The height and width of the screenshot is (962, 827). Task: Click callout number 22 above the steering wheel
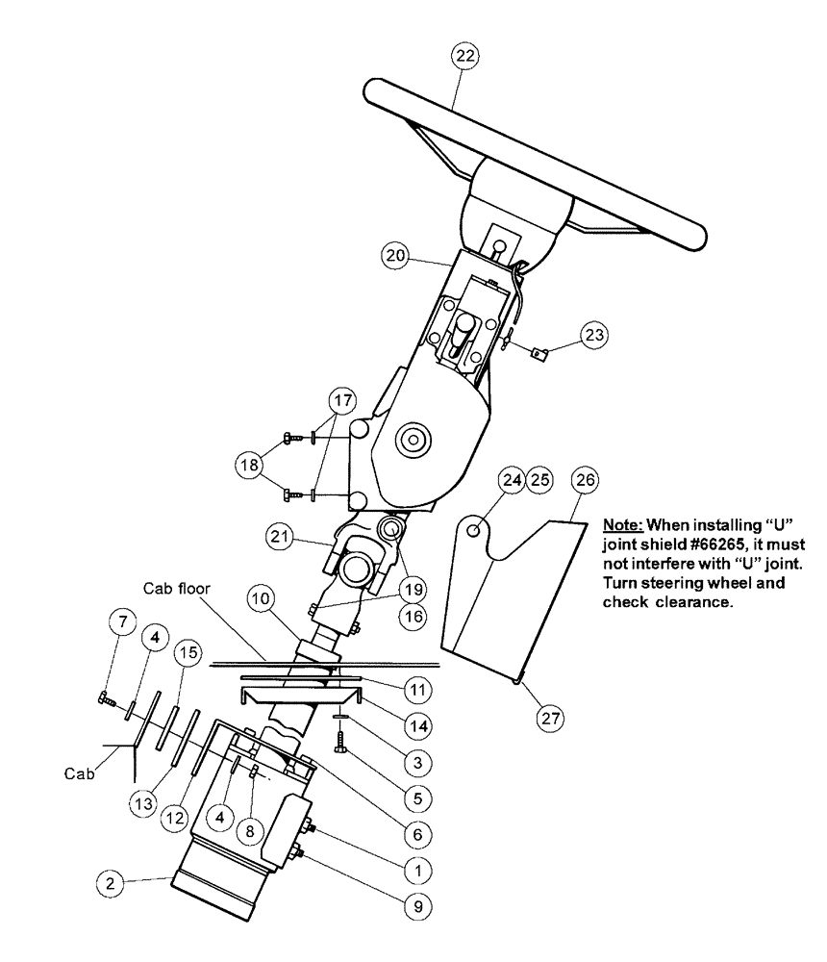(464, 58)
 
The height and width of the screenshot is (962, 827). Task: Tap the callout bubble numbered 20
(393, 257)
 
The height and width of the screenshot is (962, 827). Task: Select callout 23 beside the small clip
(593, 335)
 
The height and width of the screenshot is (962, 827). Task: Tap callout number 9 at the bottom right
(415, 904)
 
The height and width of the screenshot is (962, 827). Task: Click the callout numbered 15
(188, 653)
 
